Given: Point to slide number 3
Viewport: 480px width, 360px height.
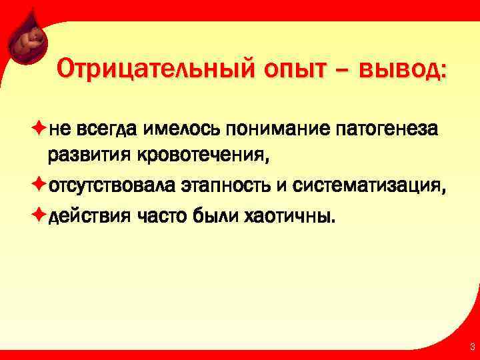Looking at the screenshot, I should [x=472, y=346].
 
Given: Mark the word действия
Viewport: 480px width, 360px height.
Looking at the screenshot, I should [x=89, y=216].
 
